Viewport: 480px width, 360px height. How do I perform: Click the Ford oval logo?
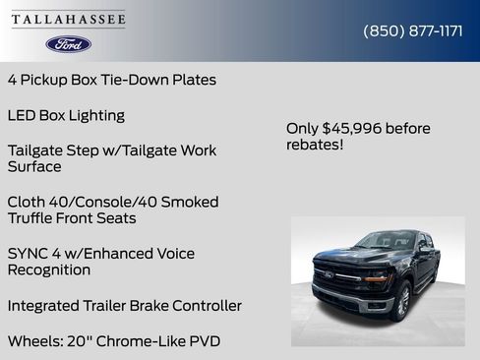[68, 44]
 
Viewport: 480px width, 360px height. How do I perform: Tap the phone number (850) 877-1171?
[413, 30]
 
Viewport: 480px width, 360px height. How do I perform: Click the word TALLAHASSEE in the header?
[68, 20]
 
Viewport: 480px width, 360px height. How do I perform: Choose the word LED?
[22, 115]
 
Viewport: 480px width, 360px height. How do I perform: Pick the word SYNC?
[29, 254]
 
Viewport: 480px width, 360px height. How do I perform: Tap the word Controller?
[203, 306]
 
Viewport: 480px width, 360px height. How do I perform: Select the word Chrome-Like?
[137, 341]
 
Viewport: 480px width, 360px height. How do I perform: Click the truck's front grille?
[336, 276]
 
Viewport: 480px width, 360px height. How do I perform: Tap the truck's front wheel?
[402, 302]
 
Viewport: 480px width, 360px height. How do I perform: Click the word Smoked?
[189, 202]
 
